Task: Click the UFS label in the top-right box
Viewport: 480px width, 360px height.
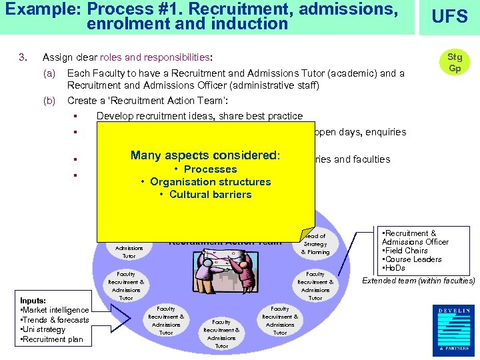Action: pos(450,17)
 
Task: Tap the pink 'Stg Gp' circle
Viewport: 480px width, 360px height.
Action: pos(455,63)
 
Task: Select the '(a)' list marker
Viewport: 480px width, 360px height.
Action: pos(49,73)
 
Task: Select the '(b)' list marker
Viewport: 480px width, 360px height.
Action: pos(49,101)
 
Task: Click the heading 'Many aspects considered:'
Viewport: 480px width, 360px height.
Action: pos(205,155)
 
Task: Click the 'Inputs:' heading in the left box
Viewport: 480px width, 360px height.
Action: pos(33,301)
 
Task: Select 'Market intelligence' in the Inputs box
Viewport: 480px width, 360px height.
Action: pos(56,310)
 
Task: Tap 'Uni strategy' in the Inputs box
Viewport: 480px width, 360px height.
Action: pos(44,329)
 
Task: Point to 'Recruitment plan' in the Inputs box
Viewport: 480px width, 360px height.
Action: pos(53,339)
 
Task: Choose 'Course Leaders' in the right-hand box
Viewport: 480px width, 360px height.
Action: pos(409,259)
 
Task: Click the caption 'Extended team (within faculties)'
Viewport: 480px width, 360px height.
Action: pos(418,281)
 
